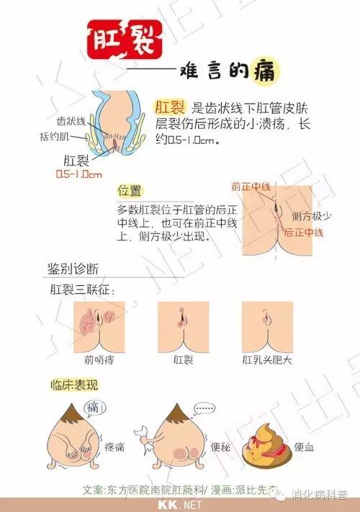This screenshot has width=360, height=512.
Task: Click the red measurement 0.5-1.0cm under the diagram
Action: click(x=79, y=174)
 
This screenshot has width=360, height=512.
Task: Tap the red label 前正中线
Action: click(x=251, y=187)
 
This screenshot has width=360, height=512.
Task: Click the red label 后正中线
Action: click(x=304, y=233)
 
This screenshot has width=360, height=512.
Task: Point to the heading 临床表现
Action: click(x=74, y=385)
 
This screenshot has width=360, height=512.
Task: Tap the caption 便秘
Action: click(x=220, y=446)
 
